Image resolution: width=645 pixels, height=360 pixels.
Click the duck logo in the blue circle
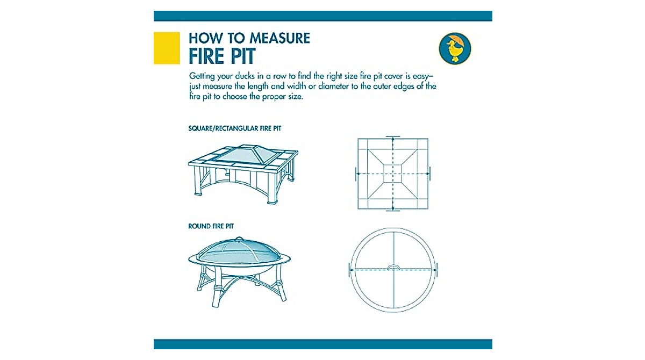(455, 48)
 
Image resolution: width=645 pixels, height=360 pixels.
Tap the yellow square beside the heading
(167, 48)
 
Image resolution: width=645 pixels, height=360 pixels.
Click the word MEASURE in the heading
(280, 38)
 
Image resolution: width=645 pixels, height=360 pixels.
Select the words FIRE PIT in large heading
(222, 56)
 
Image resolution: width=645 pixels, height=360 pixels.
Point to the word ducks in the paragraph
(245, 76)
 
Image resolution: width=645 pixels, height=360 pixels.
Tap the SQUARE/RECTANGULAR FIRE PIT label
(235, 128)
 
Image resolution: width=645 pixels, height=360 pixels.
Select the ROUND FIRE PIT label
(211, 226)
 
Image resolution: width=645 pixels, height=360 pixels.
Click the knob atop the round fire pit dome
(239, 239)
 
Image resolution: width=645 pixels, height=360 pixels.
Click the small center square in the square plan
(393, 174)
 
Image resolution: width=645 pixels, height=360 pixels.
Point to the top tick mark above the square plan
(393, 136)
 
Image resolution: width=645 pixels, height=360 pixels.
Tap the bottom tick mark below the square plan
(393, 211)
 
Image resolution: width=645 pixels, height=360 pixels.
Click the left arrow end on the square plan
(357, 174)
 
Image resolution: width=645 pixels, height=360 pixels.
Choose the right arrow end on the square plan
(429, 174)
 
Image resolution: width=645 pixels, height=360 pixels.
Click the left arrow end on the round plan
(350, 270)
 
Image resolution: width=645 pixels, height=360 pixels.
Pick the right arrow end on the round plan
(436, 270)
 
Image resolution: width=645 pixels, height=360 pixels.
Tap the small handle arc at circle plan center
(393, 267)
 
